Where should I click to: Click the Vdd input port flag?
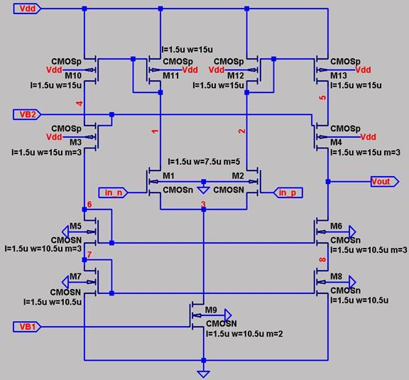click(27, 9)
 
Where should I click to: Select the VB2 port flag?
click(27, 114)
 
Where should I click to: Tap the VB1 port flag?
click(27, 327)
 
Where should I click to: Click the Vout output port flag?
click(385, 181)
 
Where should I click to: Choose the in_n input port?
click(113, 192)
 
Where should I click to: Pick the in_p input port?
click(288, 192)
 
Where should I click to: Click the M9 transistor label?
click(211, 310)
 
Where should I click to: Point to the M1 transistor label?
click(168, 176)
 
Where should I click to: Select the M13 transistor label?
click(339, 76)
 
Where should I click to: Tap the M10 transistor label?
click(73, 76)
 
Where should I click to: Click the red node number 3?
click(204, 204)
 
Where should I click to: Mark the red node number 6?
click(89, 205)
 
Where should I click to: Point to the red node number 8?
click(323, 260)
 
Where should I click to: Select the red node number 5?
click(323, 97)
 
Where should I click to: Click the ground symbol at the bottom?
click(204, 374)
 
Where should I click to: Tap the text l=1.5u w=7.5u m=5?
click(204, 162)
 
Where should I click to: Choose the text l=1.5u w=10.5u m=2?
click(244, 334)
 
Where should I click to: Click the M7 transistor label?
click(76, 276)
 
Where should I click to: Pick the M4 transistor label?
click(336, 142)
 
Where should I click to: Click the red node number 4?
click(80, 104)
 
